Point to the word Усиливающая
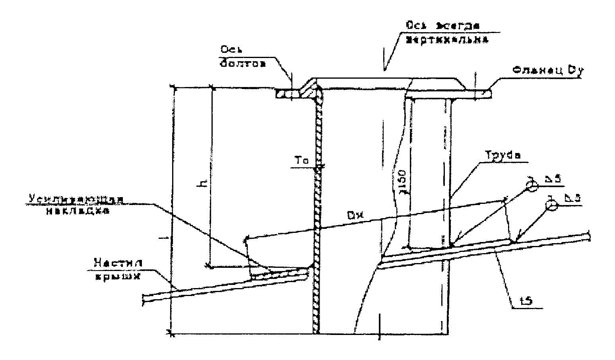coord(75,199)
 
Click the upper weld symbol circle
coord(532,185)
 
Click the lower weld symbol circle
coord(551,205)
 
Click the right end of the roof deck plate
coord(588,236)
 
